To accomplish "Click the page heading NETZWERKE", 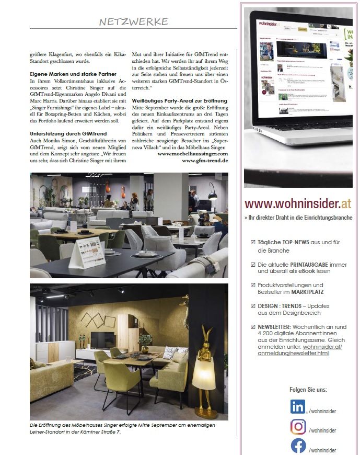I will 134,21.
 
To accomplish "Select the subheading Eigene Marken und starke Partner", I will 73,74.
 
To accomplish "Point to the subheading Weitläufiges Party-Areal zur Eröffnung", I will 180,100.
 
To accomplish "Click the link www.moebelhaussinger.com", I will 193,154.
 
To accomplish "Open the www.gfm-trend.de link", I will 205,161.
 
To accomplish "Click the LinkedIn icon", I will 298,407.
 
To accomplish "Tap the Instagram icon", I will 298,427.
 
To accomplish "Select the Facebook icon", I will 298,446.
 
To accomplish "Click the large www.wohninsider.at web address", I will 298,203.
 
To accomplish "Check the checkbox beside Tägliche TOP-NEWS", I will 253,242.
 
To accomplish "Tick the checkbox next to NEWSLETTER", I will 253,327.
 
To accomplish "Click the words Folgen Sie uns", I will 308,390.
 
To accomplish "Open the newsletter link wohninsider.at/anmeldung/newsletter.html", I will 299,349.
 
